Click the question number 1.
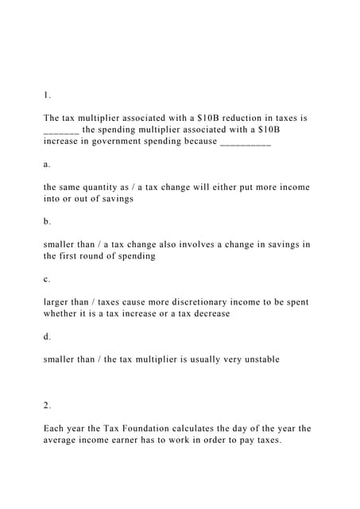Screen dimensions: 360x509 (x=47, y=95)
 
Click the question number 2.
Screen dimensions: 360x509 (x=47, y=406)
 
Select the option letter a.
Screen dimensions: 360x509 (x=47, y=164)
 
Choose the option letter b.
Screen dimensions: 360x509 (x=47, y=221)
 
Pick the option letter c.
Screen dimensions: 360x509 (x=47, y=279)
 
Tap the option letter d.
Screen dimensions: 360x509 (x=47, y=336)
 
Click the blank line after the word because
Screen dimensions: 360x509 (x=245, y=142)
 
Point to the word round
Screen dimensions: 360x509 (x=99, y=256)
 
